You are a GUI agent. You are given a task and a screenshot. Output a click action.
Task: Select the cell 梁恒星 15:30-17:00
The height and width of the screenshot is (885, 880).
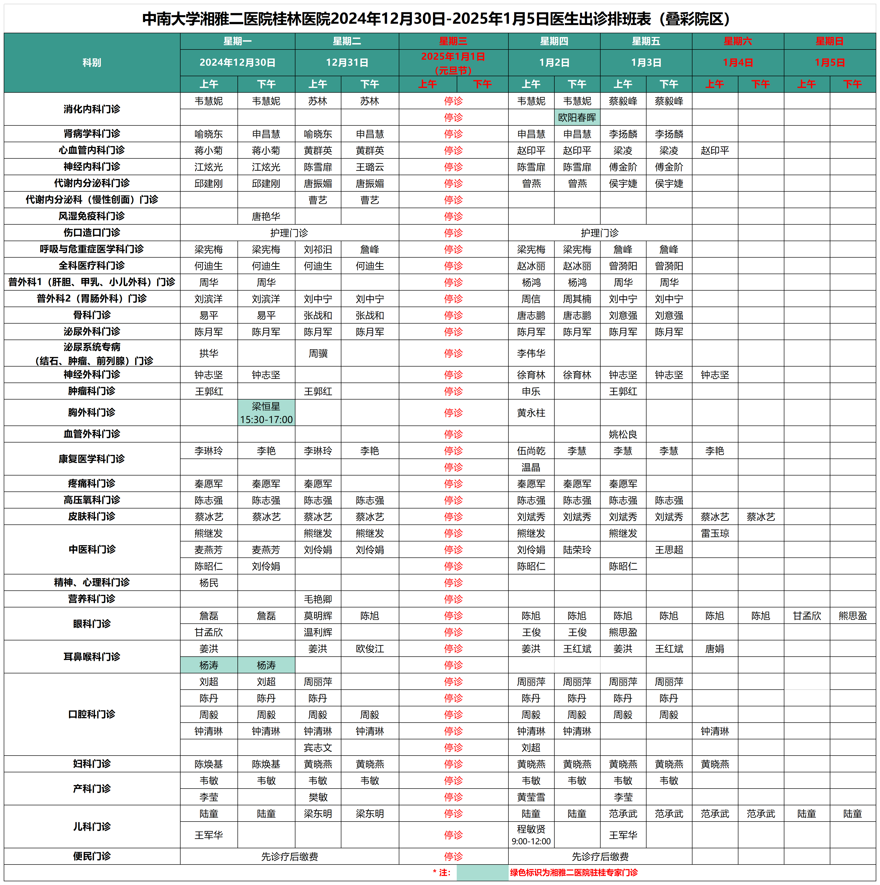[266, 413]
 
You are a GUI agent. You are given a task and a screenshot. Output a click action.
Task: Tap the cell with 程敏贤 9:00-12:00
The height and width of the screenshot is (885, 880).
[531, 835]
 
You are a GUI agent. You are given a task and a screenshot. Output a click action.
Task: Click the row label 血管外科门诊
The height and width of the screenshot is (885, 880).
[92, 434]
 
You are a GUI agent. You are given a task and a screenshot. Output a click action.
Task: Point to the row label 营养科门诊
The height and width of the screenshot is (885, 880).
[92, 599]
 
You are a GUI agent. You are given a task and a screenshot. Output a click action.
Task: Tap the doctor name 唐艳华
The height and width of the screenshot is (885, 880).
[266, 216]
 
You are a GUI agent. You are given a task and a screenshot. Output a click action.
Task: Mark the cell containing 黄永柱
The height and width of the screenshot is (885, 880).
[531, 413]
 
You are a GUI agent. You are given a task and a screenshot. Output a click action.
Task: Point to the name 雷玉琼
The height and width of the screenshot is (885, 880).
[715, 533]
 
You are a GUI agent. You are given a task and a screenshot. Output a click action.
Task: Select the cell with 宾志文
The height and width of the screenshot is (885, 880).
[318, 748]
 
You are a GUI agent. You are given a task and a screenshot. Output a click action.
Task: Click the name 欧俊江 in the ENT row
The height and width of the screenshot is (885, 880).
[370, 649]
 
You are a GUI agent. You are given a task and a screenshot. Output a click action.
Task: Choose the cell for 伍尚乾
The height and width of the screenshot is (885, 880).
[531, 451]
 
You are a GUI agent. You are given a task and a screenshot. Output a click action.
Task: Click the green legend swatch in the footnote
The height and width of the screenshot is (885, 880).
[482, 873]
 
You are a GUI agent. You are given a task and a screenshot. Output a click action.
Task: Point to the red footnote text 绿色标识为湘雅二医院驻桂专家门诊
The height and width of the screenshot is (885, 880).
[574, 873]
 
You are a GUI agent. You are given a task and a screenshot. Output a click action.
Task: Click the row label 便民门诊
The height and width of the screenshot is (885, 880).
[92, 856]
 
